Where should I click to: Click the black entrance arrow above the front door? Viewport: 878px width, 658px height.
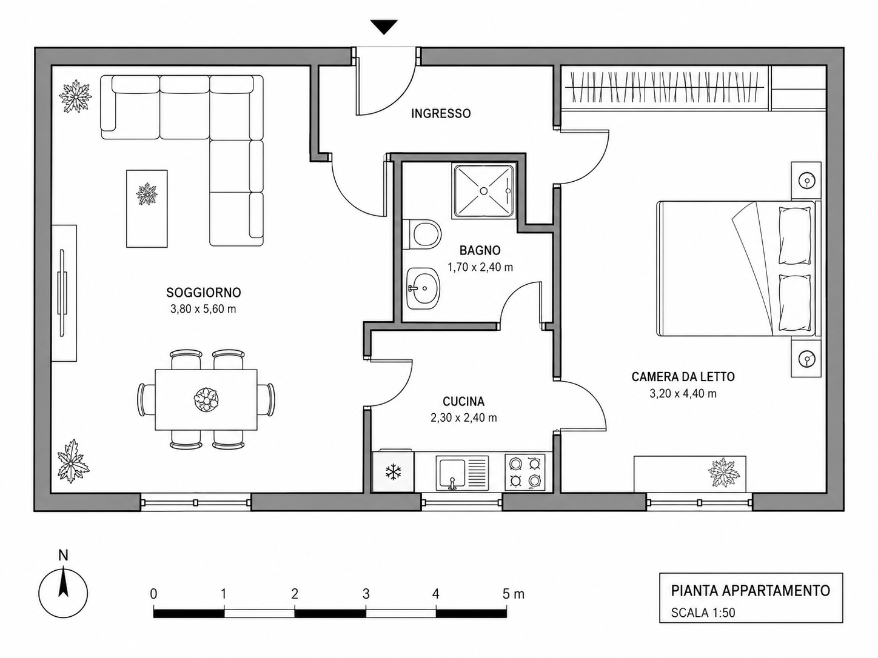tap(384, 27)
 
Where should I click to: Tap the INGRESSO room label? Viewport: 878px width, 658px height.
tap(441, 114)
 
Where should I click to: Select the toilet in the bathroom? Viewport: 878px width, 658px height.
tap(421, 234)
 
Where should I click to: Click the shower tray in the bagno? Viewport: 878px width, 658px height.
tap(483, 191)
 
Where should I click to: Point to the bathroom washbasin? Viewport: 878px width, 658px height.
tap(423, 288)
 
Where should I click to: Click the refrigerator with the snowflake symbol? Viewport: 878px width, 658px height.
tap(393, 472)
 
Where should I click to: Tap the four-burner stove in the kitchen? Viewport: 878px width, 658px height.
tap(525, 473)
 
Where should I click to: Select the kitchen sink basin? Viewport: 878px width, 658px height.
tap(453, 474)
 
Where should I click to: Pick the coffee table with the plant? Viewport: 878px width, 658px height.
tap(147, 208)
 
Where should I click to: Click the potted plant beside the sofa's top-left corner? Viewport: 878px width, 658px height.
tap(75, 96)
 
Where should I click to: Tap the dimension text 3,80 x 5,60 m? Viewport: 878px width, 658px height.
tap(203, 309)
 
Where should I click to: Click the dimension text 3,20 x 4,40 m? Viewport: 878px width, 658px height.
tap(683, 394)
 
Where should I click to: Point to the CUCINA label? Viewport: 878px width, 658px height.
tap(464, 402)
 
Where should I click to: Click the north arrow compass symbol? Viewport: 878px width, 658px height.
tap(63, 593)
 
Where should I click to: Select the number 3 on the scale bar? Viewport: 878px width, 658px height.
tap(366, 594)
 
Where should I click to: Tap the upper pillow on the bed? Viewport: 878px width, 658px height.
tap(795, 236)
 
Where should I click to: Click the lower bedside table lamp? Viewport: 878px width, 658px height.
tap(806, 359)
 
